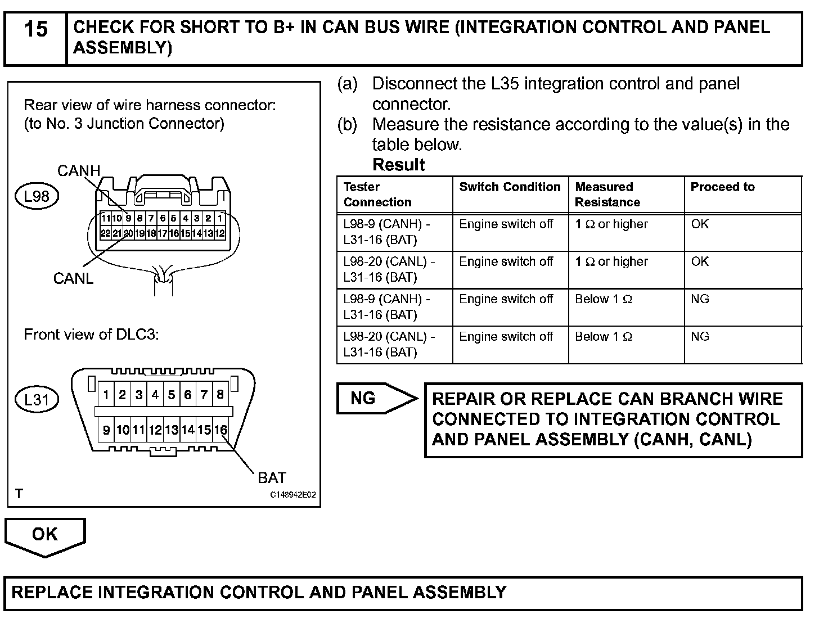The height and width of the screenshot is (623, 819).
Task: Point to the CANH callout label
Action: click(79, 171)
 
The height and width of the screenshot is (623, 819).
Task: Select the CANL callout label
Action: click(73, 278)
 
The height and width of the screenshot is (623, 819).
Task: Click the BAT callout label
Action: click(272, 478)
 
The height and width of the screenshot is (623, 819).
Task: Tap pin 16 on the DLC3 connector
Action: click(220, 430)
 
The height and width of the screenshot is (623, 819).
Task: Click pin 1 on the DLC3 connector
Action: click(106, 395)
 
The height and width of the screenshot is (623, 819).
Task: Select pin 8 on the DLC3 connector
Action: click(220, 395)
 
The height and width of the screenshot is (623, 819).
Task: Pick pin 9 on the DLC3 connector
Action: click(106, 430)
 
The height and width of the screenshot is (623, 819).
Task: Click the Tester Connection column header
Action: click(377, 195)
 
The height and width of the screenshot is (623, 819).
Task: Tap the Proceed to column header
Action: click(723, 187)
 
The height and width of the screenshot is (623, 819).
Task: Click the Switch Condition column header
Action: click(510, 187)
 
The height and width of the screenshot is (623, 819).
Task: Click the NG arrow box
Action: click(371, 399)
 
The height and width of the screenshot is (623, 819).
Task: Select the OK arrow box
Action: click(45, 535)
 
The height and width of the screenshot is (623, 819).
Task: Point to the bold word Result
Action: click(399, 165)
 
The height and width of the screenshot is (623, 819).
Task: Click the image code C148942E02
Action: click(292, 495)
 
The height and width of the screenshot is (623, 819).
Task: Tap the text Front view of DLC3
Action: click(91, 335)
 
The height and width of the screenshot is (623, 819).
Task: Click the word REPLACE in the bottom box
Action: click(52, 592)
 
